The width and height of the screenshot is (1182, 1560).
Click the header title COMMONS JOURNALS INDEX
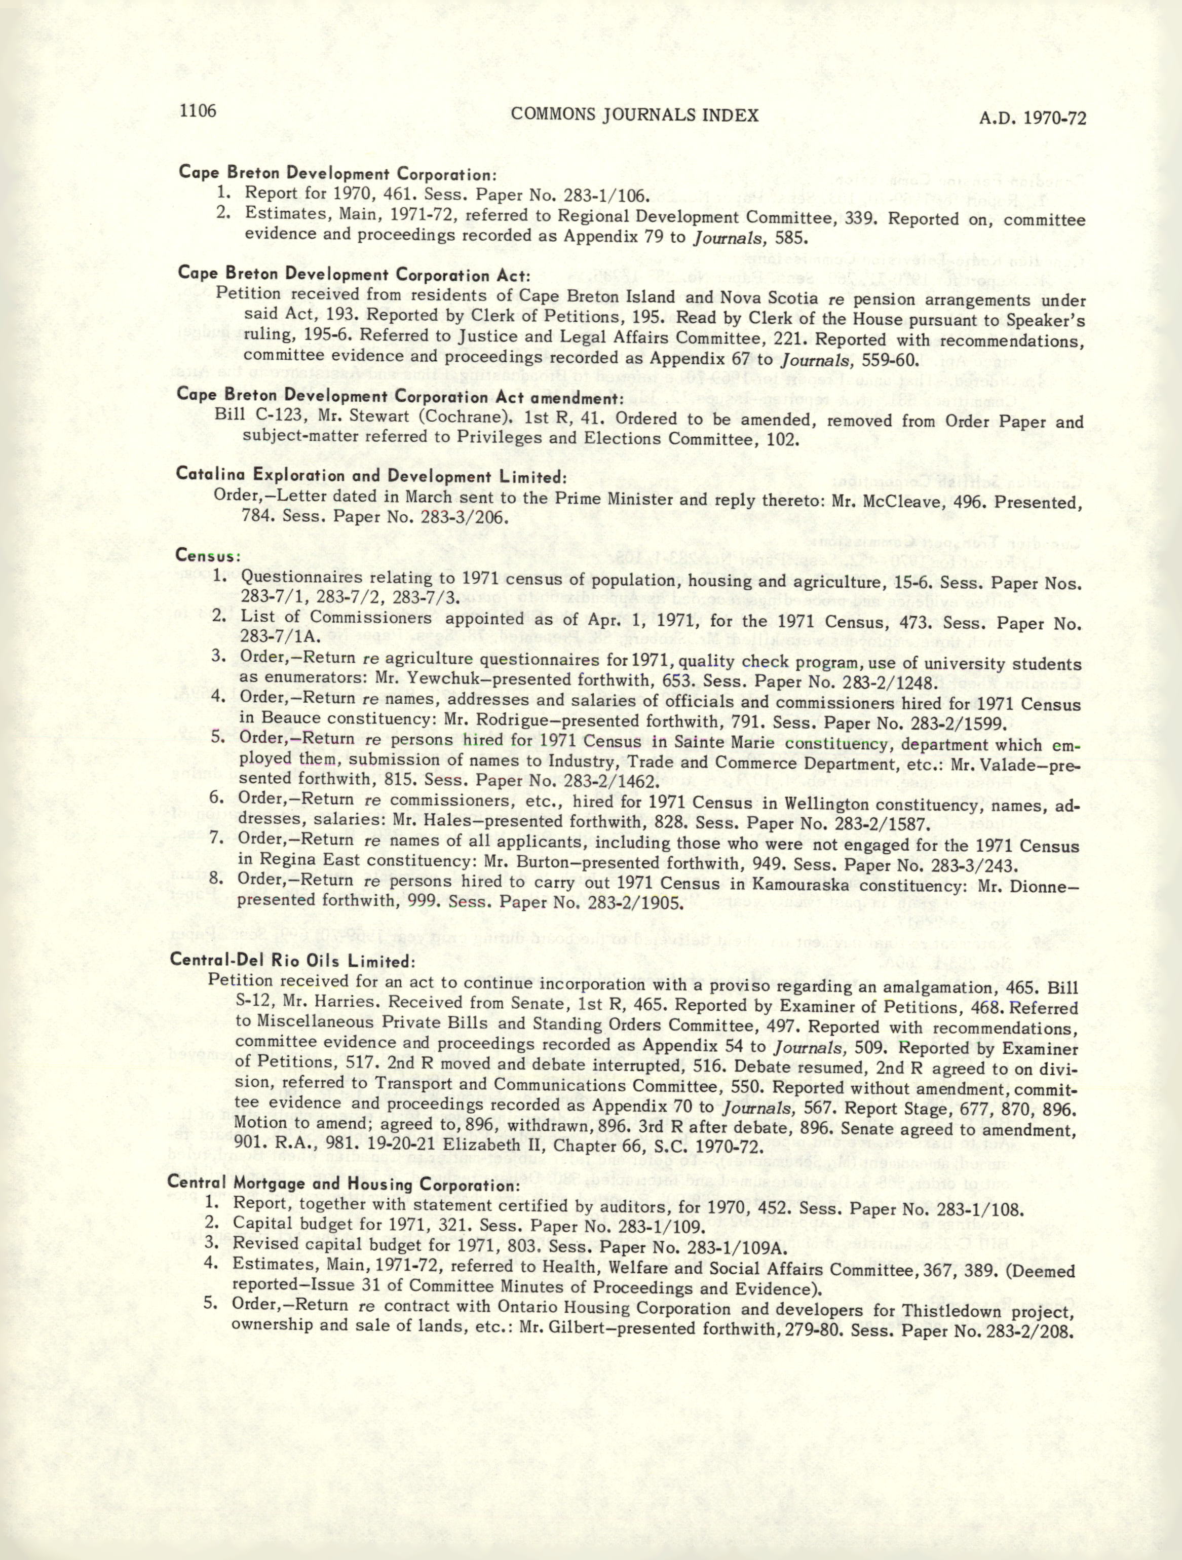(634, 116)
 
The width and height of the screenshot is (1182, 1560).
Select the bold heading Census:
(209, 556)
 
